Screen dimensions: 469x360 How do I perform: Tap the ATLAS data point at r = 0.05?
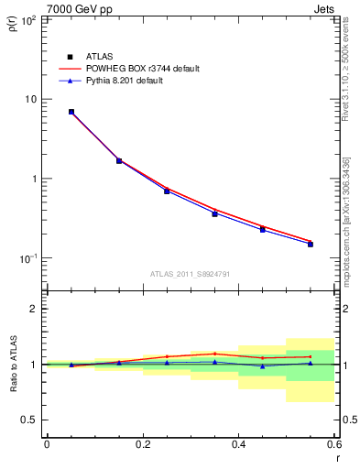[71, 112]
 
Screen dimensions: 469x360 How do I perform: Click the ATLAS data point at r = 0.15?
[119, 161]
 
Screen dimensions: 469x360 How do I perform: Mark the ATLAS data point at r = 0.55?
[311, 244]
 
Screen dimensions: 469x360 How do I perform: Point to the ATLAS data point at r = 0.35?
[214, 213]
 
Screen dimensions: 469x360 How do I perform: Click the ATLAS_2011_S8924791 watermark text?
[190, 273]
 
